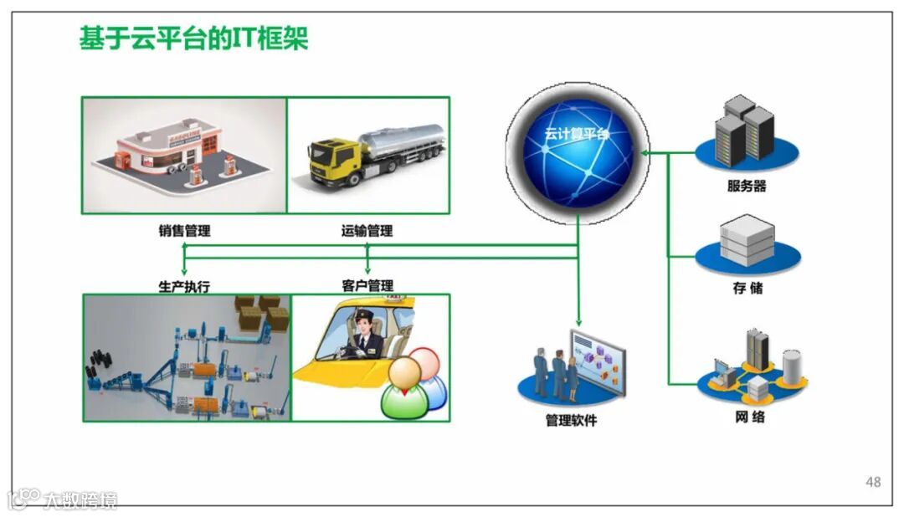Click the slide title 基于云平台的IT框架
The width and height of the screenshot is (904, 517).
point(193,38)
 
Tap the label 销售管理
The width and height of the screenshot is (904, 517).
point(184,231)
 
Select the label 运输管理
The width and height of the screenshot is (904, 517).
point(367,231)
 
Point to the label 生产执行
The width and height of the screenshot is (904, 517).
point(184,286)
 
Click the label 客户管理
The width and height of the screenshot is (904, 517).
point(367,286)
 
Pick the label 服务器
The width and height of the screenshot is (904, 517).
point(747,186)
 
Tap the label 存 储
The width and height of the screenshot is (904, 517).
point(747,289)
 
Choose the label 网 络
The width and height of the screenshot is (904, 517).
point(747,416)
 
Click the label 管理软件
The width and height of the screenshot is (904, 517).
point(571,421)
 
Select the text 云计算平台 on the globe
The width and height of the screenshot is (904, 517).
point(577,134)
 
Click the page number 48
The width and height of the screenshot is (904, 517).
point(873,482)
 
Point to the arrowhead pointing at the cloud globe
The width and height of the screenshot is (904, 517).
point(644,153)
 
